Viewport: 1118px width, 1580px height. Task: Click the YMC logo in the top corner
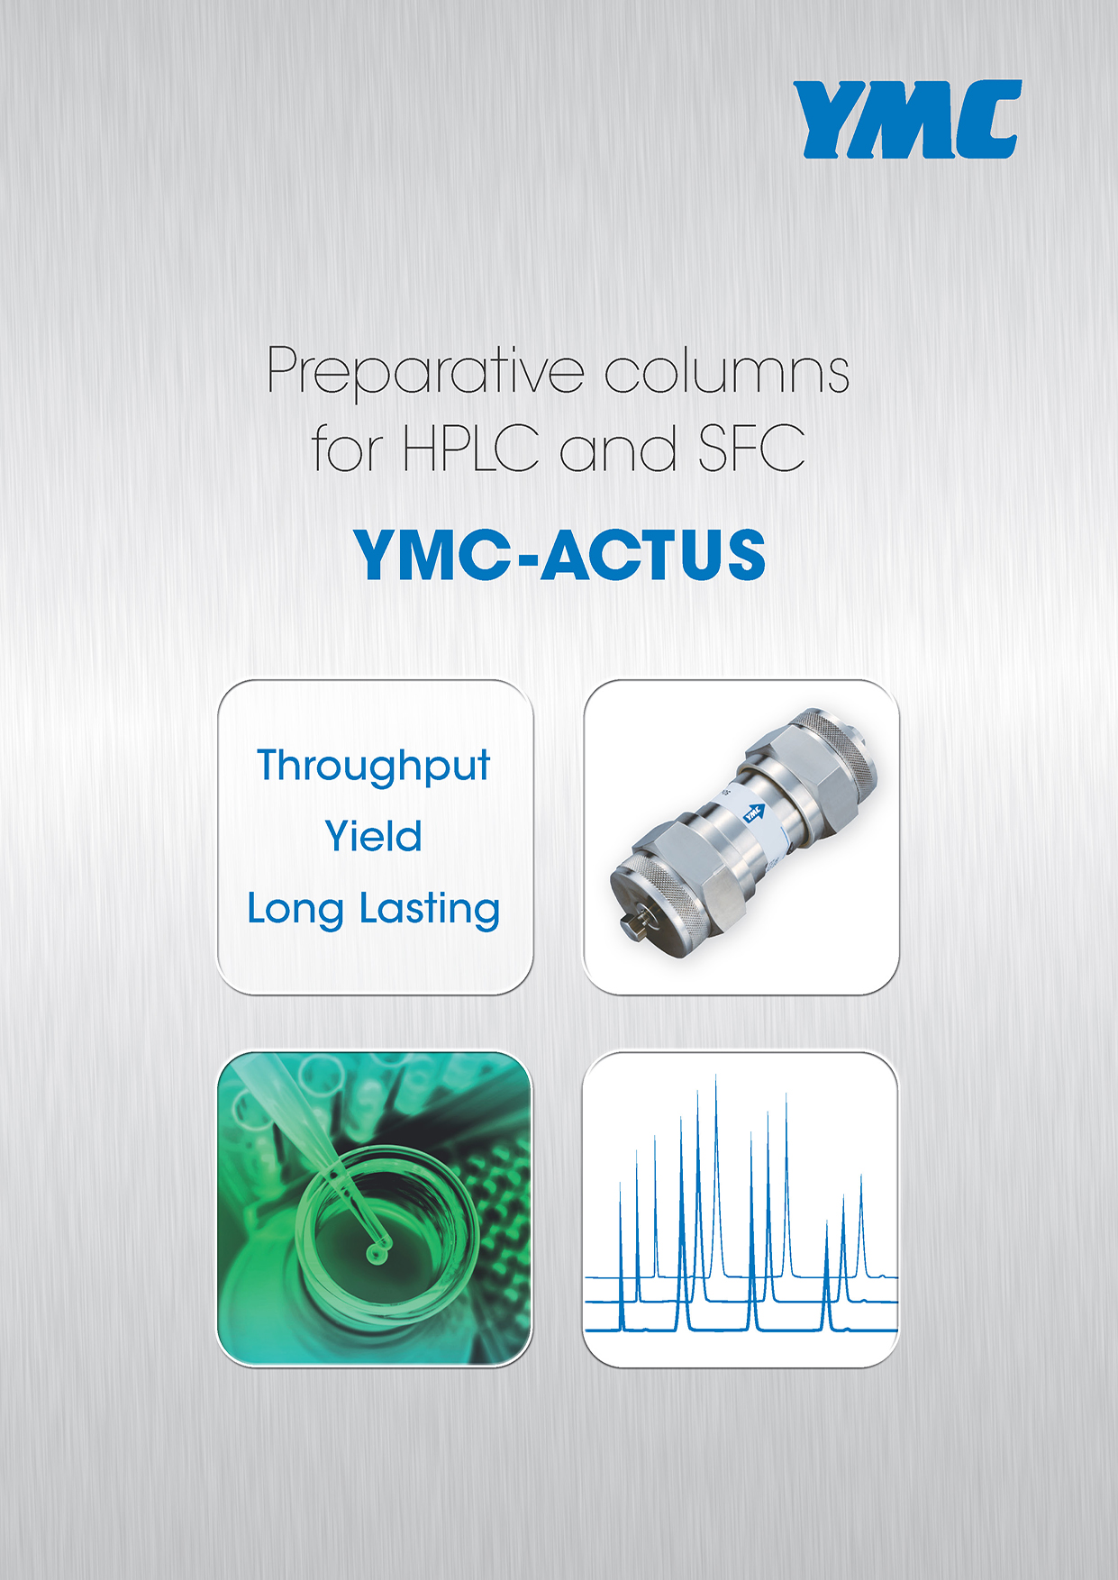[907, 119]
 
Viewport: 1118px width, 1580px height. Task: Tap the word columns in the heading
[726, 369]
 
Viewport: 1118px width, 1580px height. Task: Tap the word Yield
[373, 835]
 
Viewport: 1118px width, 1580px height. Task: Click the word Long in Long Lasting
[295, 910]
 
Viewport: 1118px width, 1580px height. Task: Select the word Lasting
[430, 910]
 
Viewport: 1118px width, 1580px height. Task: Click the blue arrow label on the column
[752, 813]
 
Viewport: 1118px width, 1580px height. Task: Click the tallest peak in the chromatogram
[716, 1171]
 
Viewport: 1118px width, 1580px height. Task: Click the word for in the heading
[348, 448]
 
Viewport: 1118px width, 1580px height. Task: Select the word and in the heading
[618, 448]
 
